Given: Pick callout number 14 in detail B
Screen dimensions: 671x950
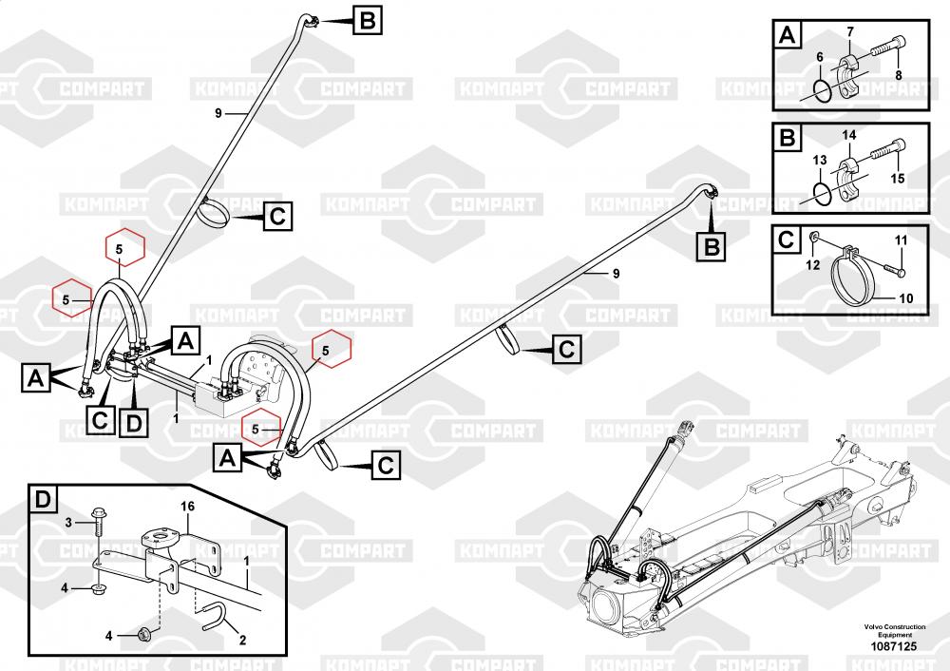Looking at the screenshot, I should click(x=849, y=137).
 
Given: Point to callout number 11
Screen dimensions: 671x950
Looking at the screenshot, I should click(x=901, y=239).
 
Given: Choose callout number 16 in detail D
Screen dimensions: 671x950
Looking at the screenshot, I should click(x=188, y=507).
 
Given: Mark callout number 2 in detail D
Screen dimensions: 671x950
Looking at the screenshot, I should click(x=241, y=640).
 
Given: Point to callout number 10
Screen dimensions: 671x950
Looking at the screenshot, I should click(x=905, y=297).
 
